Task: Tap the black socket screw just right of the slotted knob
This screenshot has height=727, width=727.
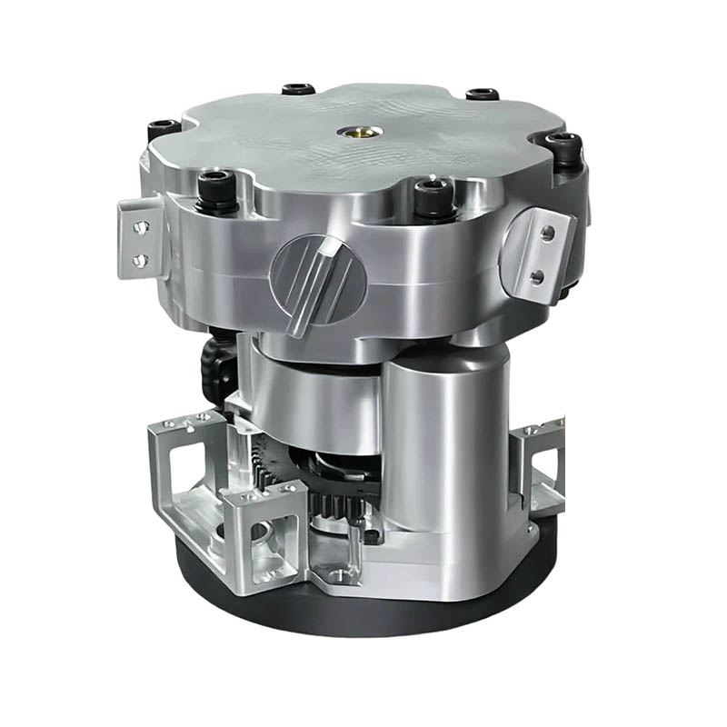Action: [x=433, y=193]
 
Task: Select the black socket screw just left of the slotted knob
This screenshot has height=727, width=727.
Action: [x=215, y=185]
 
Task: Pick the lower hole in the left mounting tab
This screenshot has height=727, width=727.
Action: [x=140, y=260]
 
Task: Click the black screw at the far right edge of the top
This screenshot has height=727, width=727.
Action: [x=565, y=145]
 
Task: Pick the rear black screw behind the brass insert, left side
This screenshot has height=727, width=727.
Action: [x=297, y=90]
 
